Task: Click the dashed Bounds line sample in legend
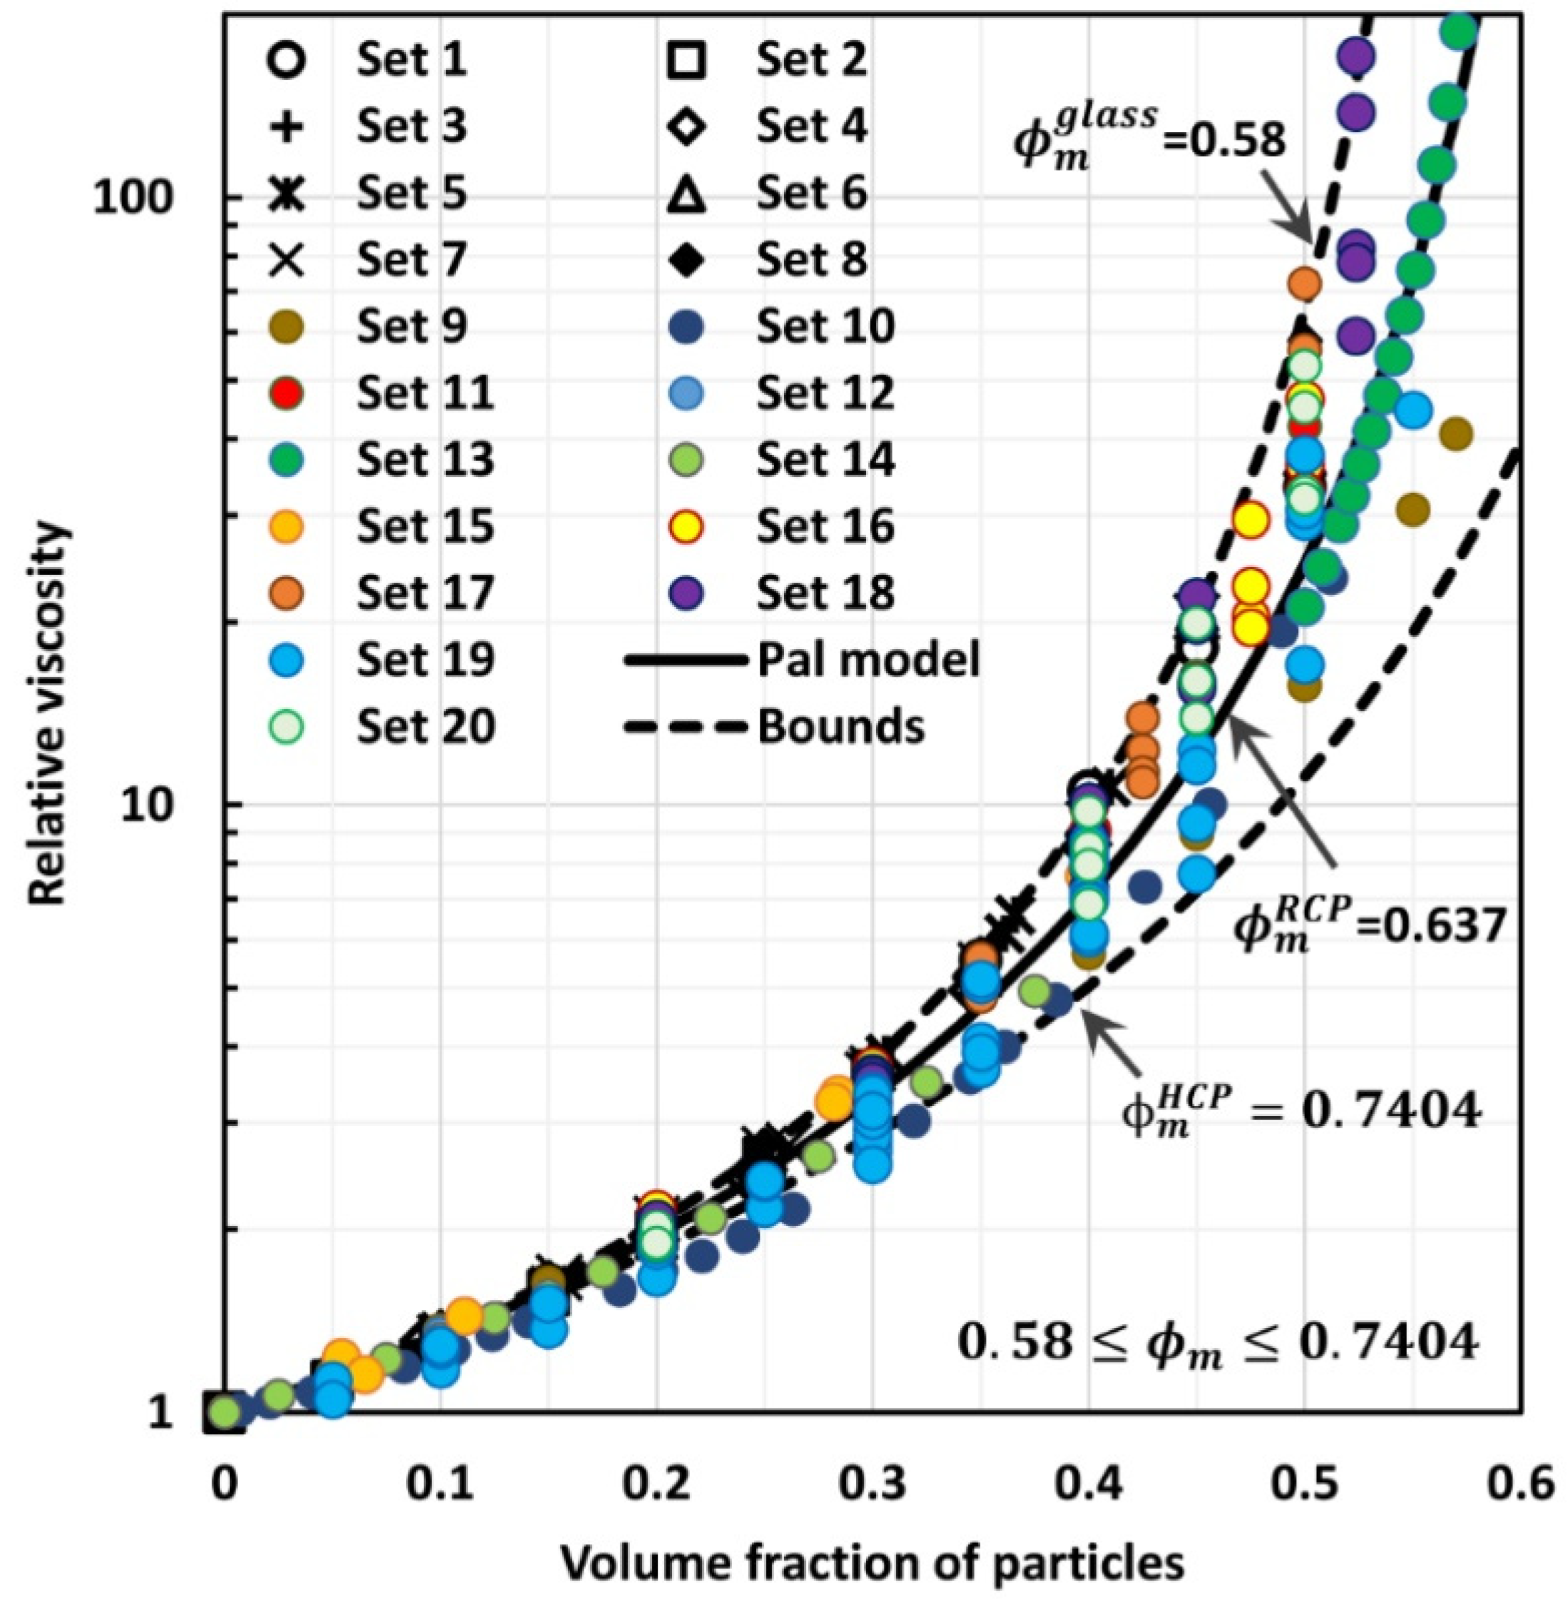tap(686, 727)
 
